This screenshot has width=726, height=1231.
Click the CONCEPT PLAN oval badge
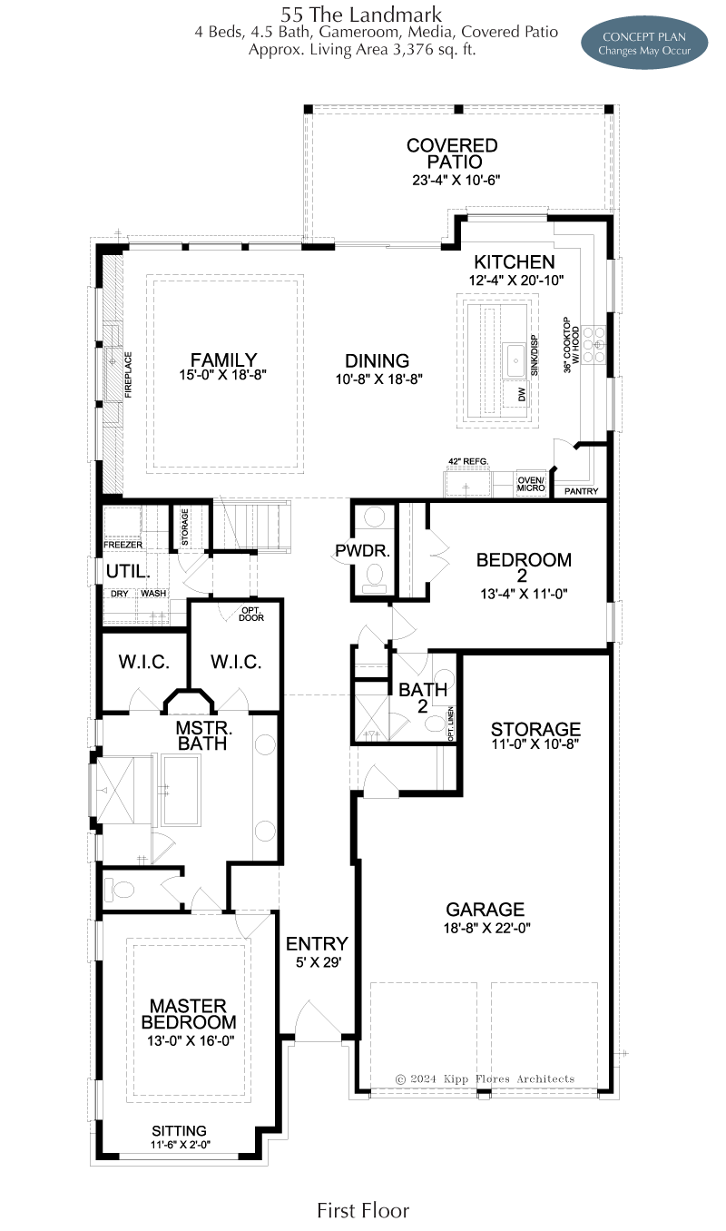coord(644,43)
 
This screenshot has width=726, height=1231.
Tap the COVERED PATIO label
coord(453,153)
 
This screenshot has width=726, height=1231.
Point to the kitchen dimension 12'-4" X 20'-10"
coord(516,281)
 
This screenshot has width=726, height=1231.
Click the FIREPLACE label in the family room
coord(128,375)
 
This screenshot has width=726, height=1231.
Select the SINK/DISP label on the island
coord(535,356)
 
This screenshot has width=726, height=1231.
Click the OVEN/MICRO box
coord(531,484)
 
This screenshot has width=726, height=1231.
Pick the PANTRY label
coord(581,491)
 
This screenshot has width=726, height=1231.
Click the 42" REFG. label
coord(468,461)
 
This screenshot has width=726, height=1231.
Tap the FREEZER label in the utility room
coord(123,545)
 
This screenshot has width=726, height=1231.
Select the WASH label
coord(153,594)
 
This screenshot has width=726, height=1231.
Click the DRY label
coord(119,594)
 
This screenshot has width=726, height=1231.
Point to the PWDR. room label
coord(362,551)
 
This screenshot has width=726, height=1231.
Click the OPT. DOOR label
coord(251,615)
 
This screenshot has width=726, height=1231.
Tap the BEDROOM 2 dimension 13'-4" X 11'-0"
coord(524,594)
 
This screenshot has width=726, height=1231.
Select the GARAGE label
coord(486,910)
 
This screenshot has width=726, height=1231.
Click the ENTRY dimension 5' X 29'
coord(319,962)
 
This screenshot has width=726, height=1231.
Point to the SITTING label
coord(179,1131)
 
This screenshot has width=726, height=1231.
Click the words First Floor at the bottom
coord(363,1211)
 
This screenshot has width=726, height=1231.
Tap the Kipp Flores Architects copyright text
coord(485,1078)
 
